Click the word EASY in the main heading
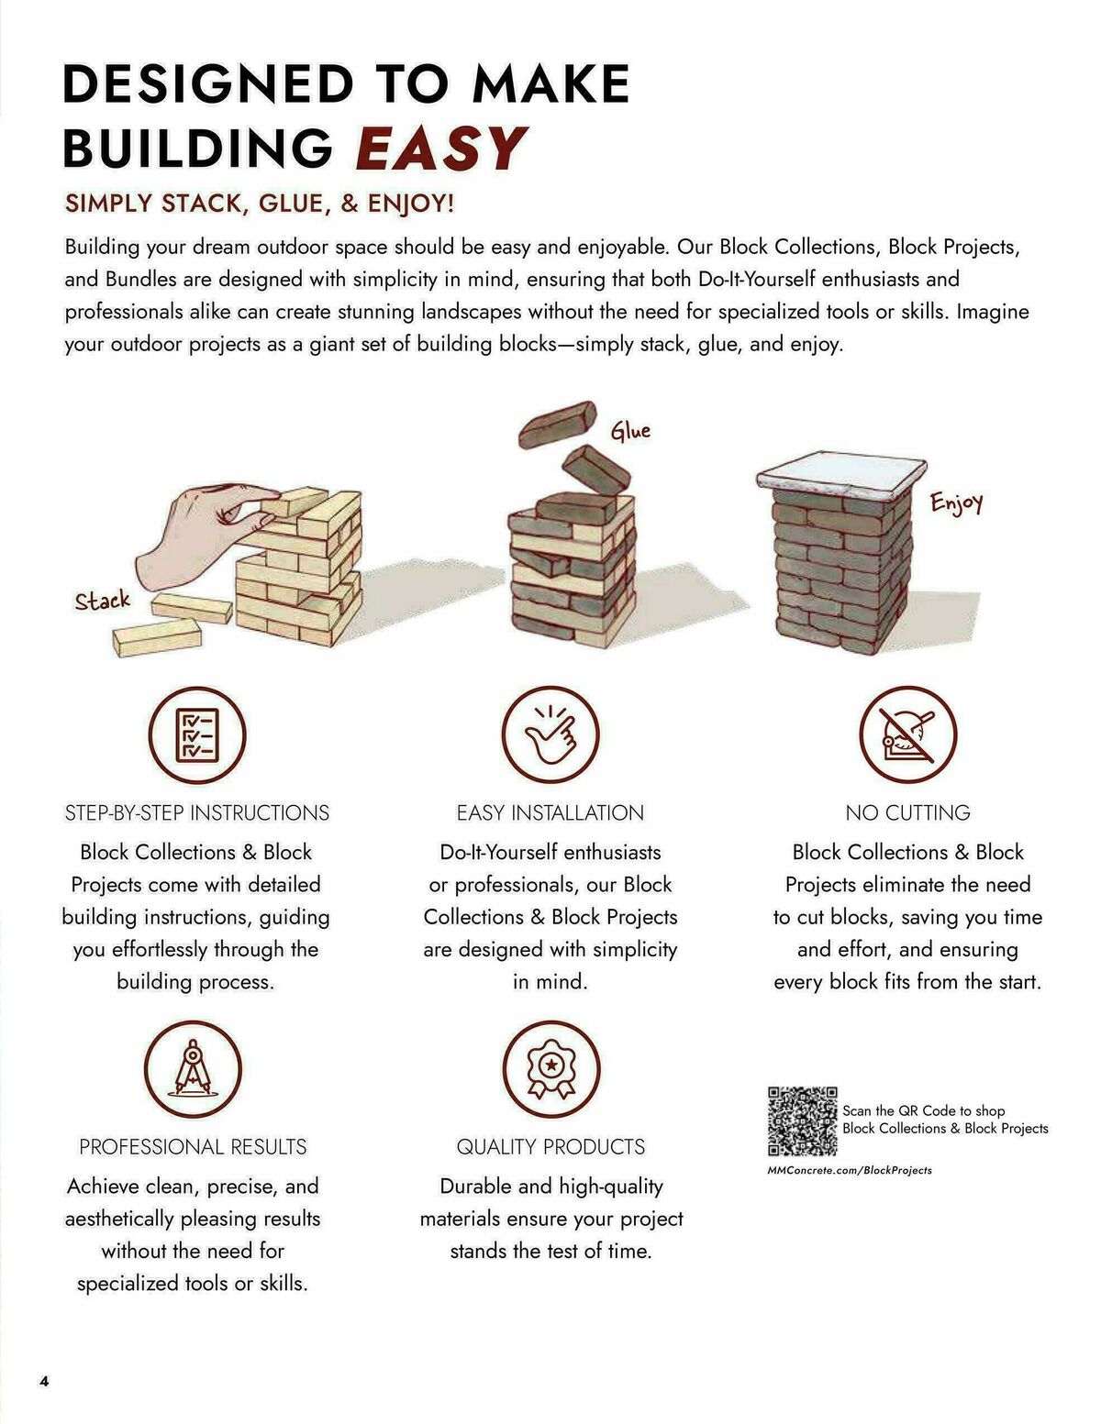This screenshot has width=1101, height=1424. [x=440, y=149]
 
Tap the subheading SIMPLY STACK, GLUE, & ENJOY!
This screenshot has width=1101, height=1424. [x=259, y=204]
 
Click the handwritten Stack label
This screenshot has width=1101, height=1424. [x=102, y=602]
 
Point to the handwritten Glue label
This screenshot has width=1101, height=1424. [x=630, y=431]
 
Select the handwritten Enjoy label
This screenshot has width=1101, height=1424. [x=956, y=502]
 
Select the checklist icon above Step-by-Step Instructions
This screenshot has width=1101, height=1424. [x=197, y=735]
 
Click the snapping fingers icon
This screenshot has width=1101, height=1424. [x=550, y=735]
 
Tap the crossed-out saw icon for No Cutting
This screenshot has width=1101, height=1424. [x=907, y=735]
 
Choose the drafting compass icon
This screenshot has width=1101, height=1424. [x=193, y=1069]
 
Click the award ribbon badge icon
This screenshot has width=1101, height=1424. [x=550, y=1069]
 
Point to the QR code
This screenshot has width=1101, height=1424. [x=802, y=1120]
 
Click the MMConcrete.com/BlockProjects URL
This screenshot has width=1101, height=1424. [x=849, y=1170]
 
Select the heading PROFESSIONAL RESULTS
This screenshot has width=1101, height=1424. [x=193, y=1147]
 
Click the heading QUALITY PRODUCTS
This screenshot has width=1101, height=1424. [x=550, y=1147]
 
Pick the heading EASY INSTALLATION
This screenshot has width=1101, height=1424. [x=550, y=813]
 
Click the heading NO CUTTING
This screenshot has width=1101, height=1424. [x=907, y=813]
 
